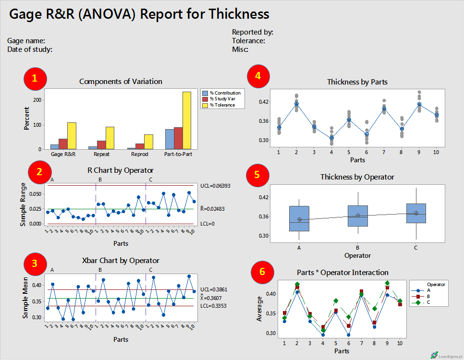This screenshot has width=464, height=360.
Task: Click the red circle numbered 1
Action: (35, 80)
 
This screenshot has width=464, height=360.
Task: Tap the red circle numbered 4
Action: (258, 75)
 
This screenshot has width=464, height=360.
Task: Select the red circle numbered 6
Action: (262, 272)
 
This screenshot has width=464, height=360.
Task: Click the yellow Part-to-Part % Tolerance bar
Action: (187, 120)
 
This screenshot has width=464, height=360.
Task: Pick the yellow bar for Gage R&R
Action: (72, 136)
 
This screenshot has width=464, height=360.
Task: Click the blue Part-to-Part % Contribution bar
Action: (170, 139)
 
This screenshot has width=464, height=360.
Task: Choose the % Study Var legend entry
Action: (222, 99)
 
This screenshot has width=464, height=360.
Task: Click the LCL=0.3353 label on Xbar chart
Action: (214, 306)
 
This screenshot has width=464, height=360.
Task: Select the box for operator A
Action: (299, 218)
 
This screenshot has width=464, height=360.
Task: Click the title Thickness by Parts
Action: (357, 82)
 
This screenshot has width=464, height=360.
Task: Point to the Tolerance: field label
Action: (248, 41)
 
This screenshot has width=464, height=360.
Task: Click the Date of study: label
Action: (30, 49)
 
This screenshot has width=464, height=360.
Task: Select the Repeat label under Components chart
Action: (100, 155)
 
